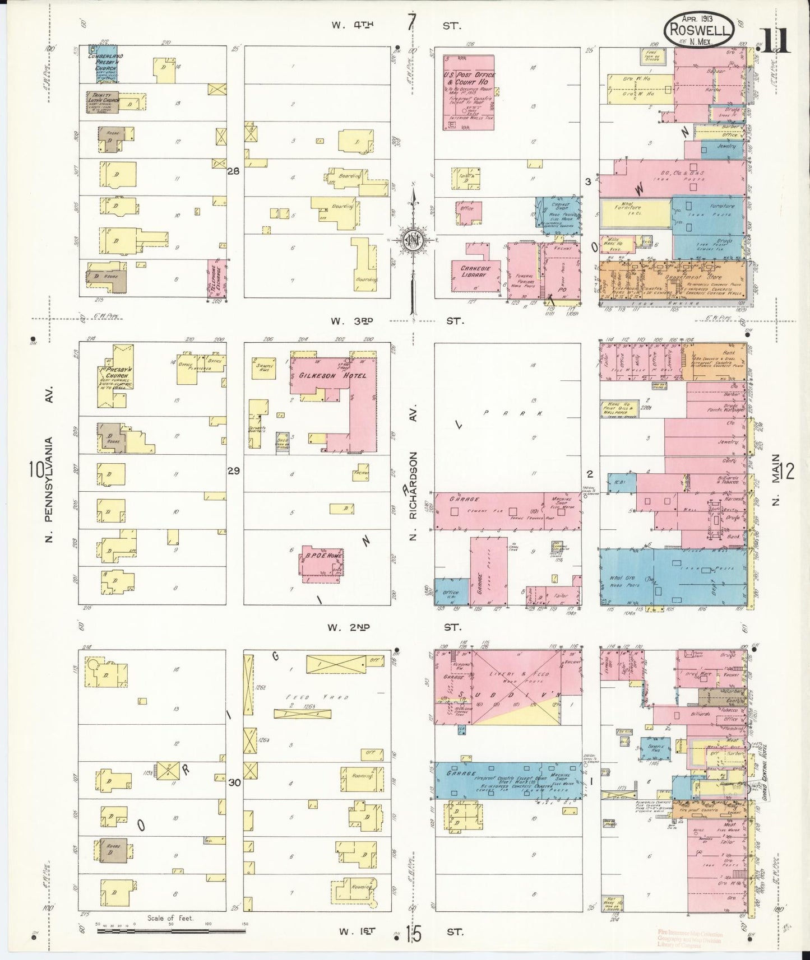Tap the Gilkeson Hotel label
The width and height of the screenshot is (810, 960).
coord(332,375)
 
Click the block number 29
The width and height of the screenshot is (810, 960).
coord(234,471)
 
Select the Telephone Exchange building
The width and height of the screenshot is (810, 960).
coord(216,278)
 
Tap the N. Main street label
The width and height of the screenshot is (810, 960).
coord(777,487)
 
